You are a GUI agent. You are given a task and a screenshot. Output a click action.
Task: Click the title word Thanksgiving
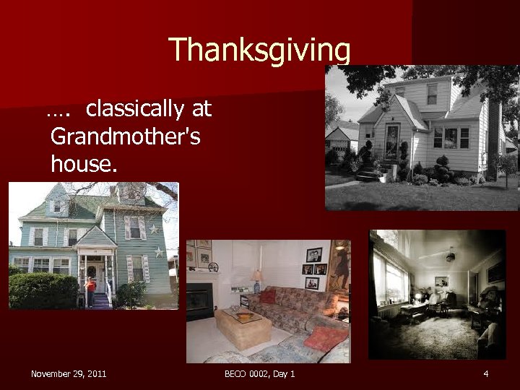260,50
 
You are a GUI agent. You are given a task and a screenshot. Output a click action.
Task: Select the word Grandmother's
126,136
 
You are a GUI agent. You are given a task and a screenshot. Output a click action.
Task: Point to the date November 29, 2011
69,373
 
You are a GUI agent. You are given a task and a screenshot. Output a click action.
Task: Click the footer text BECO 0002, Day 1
259,373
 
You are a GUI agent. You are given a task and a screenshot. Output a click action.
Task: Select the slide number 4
486,373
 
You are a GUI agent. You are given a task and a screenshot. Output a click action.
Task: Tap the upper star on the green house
153,229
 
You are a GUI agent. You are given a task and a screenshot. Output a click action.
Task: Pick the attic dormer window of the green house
56,206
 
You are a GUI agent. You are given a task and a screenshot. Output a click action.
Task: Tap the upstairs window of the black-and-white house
431,94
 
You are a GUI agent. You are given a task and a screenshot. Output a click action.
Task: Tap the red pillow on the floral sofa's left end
268,296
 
